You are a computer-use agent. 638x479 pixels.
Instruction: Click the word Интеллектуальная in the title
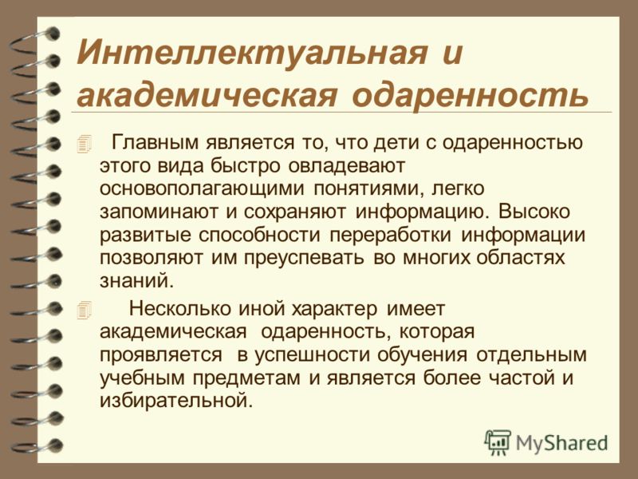coord(252,53)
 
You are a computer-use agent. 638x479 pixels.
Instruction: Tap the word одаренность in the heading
coord(471,96)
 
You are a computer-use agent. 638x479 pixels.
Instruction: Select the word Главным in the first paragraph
coord(156,143)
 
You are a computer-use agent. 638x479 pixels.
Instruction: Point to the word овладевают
coord(348,166)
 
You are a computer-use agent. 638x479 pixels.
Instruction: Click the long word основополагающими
coord(202,189)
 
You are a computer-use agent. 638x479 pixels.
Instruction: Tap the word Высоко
coord(534,212)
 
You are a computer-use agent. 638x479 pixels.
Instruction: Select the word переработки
coord(390,236)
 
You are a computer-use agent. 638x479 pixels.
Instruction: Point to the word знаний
coord(136,282)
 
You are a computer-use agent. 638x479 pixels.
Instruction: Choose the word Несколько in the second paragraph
coord(180,309)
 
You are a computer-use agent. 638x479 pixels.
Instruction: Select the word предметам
coord(246,378)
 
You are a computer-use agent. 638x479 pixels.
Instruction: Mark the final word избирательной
coord(176,401)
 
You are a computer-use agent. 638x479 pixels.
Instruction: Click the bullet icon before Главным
coord(84,144)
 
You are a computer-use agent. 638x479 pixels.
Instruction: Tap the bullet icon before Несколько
coord(84,310)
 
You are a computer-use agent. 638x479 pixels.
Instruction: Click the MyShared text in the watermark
coord(561,444)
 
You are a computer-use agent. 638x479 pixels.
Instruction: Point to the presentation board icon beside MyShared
coord(498,442)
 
